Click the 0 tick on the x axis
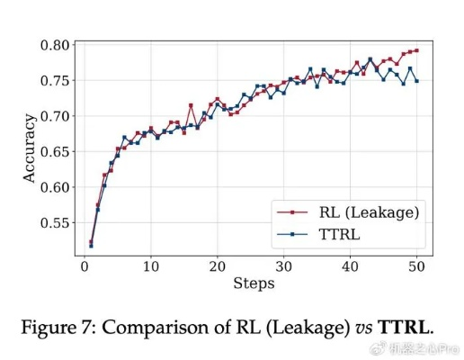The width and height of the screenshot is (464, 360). tap(85, 266)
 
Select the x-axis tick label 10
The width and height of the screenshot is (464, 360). tap(151, 266)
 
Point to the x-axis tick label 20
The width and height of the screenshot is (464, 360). tap(218, 266)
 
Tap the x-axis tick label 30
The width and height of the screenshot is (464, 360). tap(284, 266)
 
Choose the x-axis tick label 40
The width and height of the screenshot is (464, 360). tap(351, 266)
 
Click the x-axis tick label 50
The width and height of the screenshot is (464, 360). tap(417, 266)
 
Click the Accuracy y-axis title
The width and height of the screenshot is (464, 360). tap(29, 148)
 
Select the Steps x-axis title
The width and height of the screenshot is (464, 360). tap(254, 283)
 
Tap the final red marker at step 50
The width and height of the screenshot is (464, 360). tap(417, 50)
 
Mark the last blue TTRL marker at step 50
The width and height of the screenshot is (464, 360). tap(417, 81)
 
